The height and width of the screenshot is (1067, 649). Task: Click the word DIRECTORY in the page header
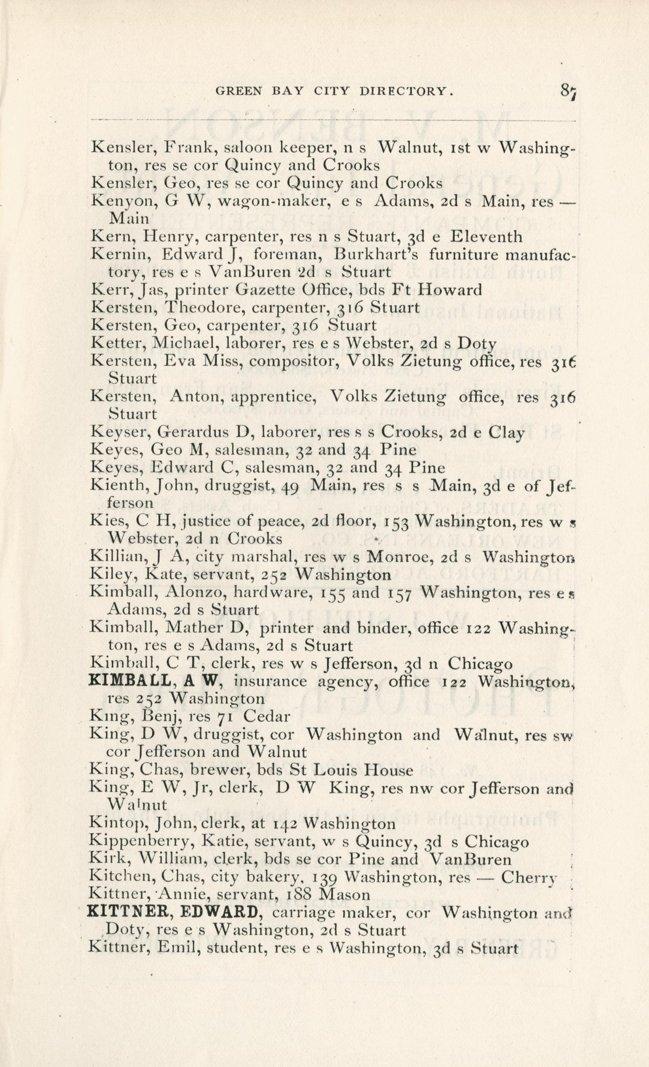(x=407, y=91)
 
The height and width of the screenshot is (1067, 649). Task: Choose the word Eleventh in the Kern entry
(x=486, y=237)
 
